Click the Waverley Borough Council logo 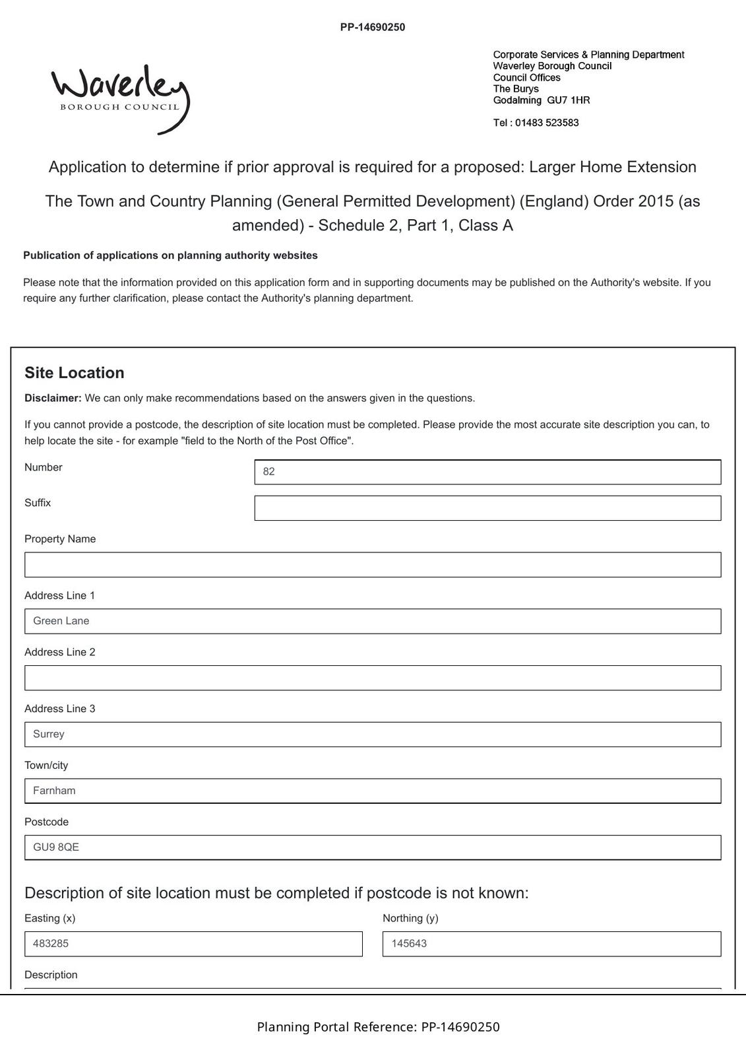coord(120,98)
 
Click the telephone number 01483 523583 coord(546,123)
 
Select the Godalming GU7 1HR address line coord(542,100)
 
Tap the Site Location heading coord(75,373)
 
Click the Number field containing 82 coord(487,472)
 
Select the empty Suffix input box coord(487,508)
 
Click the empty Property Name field coord(373,565)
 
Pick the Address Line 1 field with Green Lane coord(373,621)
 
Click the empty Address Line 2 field coord(373,678)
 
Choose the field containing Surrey coord(373,735)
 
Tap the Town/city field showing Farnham coord(373,791)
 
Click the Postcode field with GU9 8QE coord(373,847)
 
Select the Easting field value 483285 coord(193,944)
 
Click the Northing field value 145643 coord(551,944)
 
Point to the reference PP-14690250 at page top coord(373,27)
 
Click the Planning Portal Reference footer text coord(378,1027)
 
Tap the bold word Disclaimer coord(53,398)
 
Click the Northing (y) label coord(410,918)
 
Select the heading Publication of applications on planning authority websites coord(170,255)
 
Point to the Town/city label coord(46,765)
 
